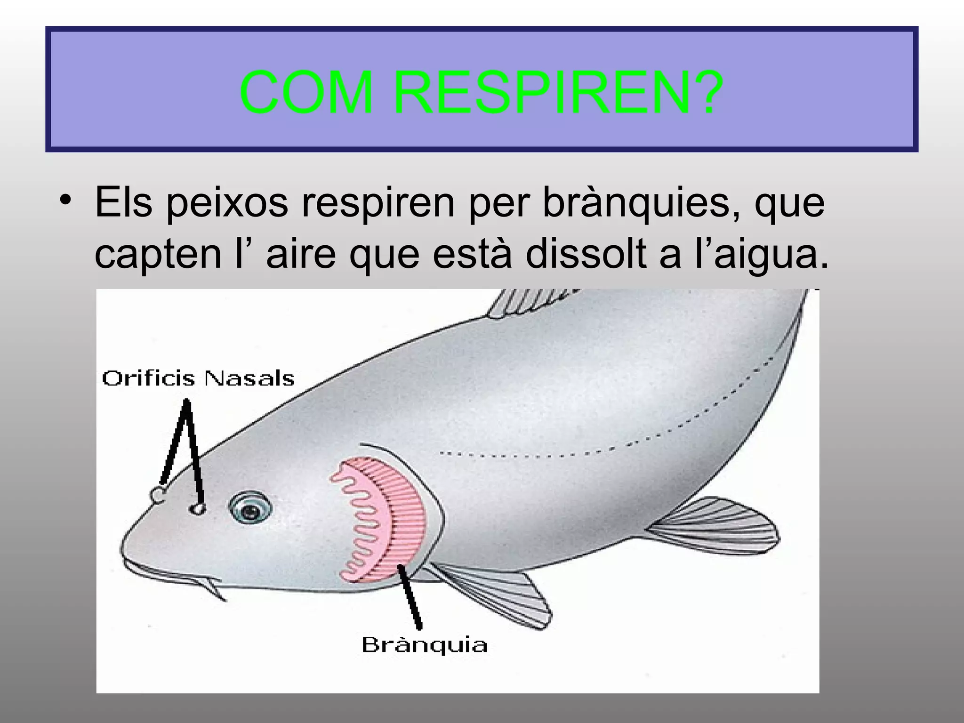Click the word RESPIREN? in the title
(x=558, y=92)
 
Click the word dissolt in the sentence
(x=586, y=254)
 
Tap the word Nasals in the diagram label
(x=249, y=379)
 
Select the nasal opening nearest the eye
(x=198, y=509)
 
